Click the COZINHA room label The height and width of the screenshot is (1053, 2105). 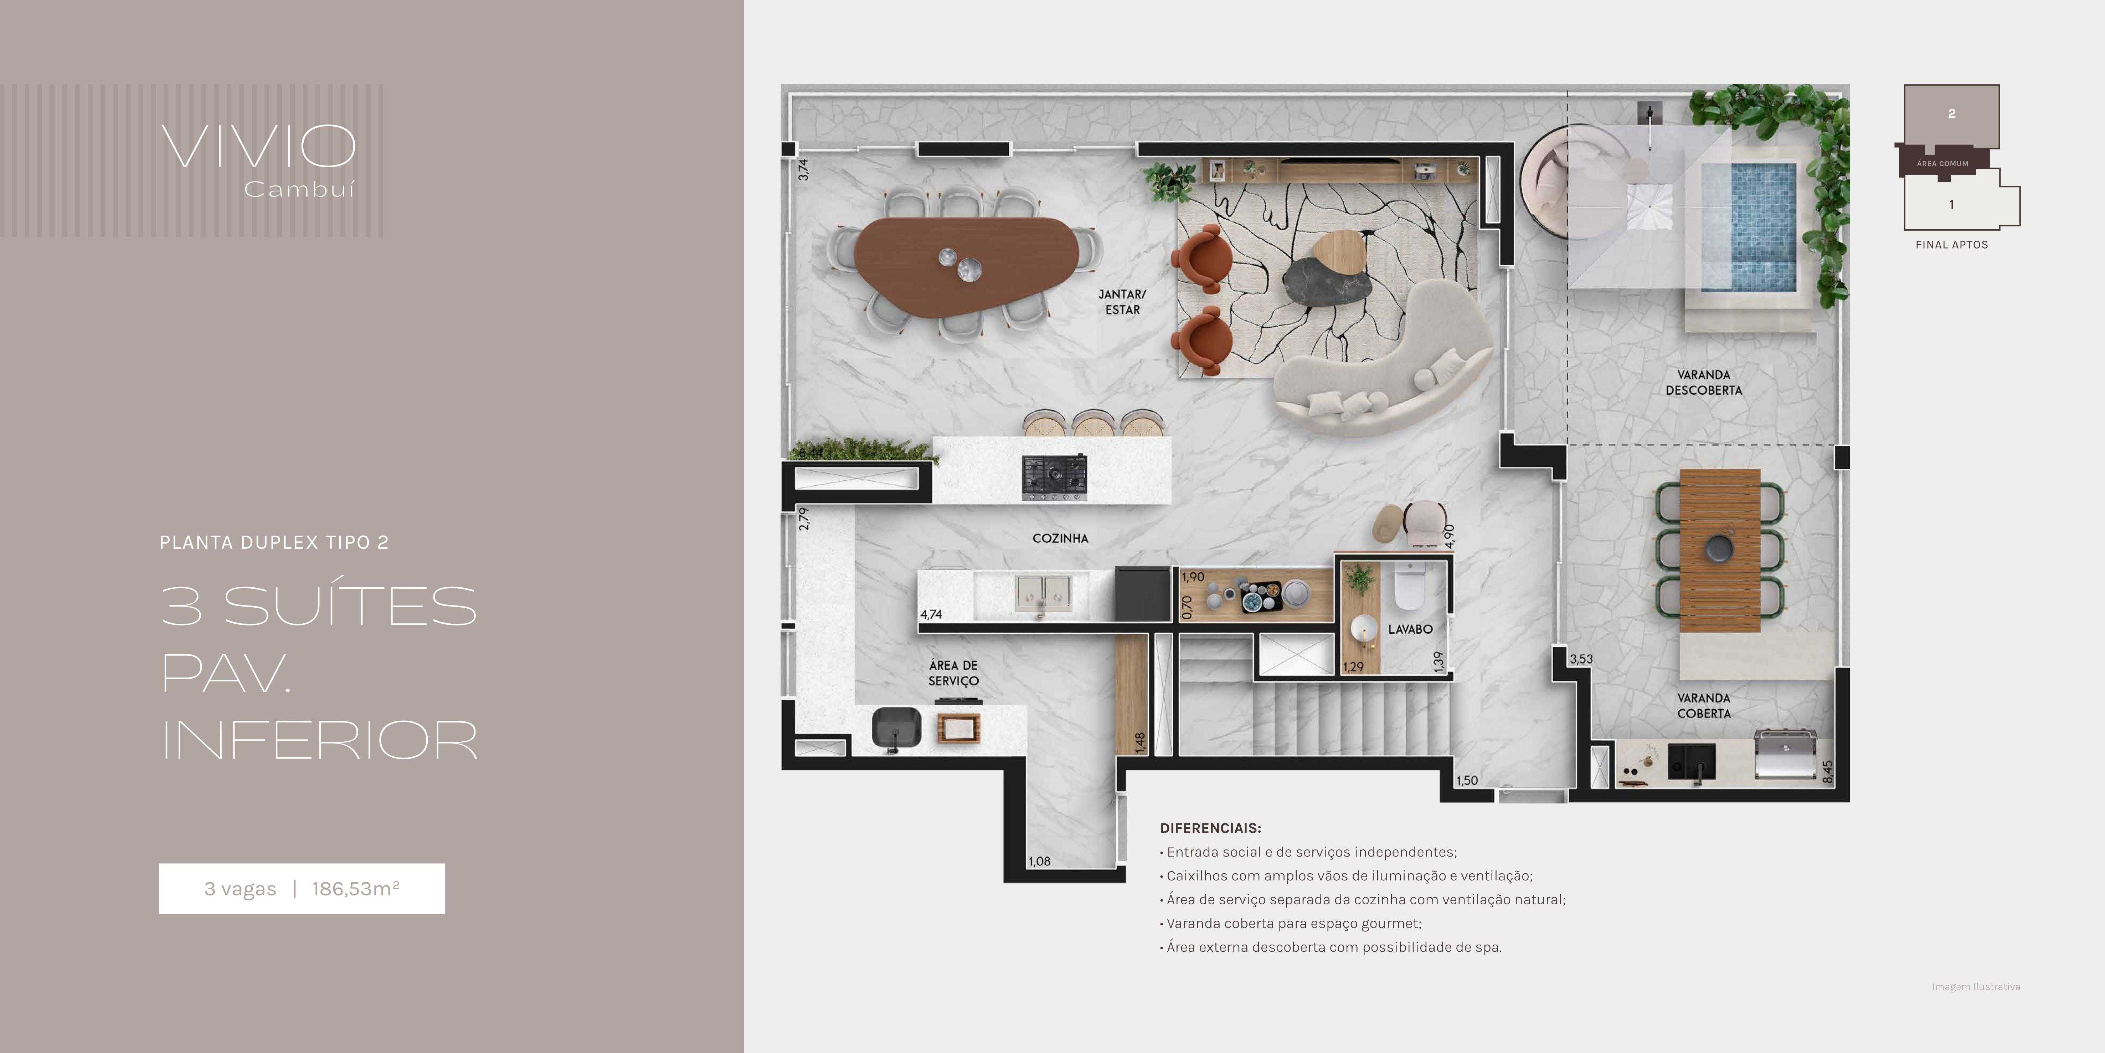coord(1060,538)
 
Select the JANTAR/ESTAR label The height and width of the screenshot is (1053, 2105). coord(1122,302)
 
